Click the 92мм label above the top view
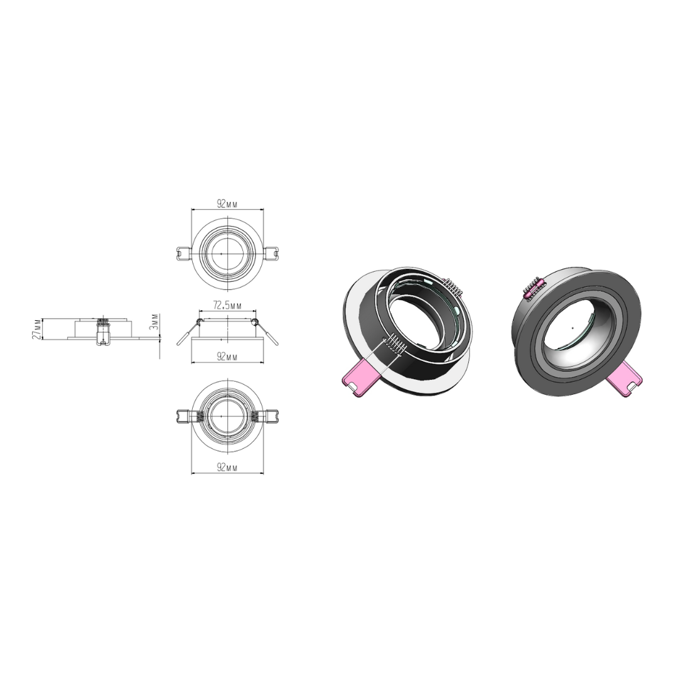point(227,204)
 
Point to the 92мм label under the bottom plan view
point(227,468)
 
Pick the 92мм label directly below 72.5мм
point(227,357)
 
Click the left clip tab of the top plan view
point(181,253)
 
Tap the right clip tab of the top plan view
point(272,253)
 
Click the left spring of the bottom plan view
point(198,416)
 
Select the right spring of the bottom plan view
point(256,416)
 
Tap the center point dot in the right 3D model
point(573,328)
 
